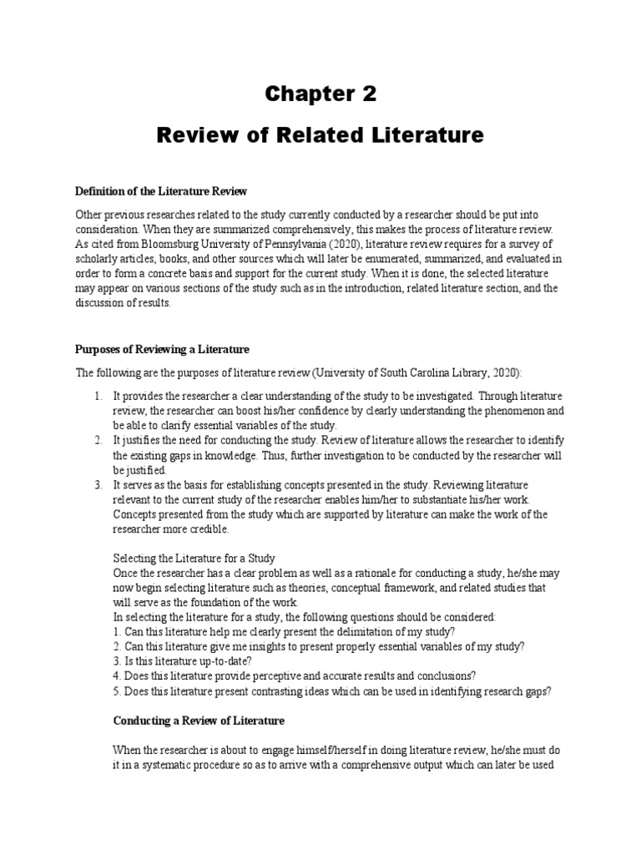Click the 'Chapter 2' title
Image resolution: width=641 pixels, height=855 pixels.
[320, 94]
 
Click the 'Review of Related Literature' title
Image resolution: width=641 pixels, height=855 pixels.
[320, 135]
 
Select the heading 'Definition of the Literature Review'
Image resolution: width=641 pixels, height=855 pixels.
[162, 192]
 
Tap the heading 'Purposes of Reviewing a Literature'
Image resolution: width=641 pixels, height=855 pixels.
[163, 348]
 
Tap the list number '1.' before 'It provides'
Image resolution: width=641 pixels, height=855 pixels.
[98, 395]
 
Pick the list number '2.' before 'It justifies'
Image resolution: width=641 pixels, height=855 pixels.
[98, 440]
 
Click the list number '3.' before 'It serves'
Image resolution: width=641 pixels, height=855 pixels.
[98, 485]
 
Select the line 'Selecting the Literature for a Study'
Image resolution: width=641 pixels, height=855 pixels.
[194, 558]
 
